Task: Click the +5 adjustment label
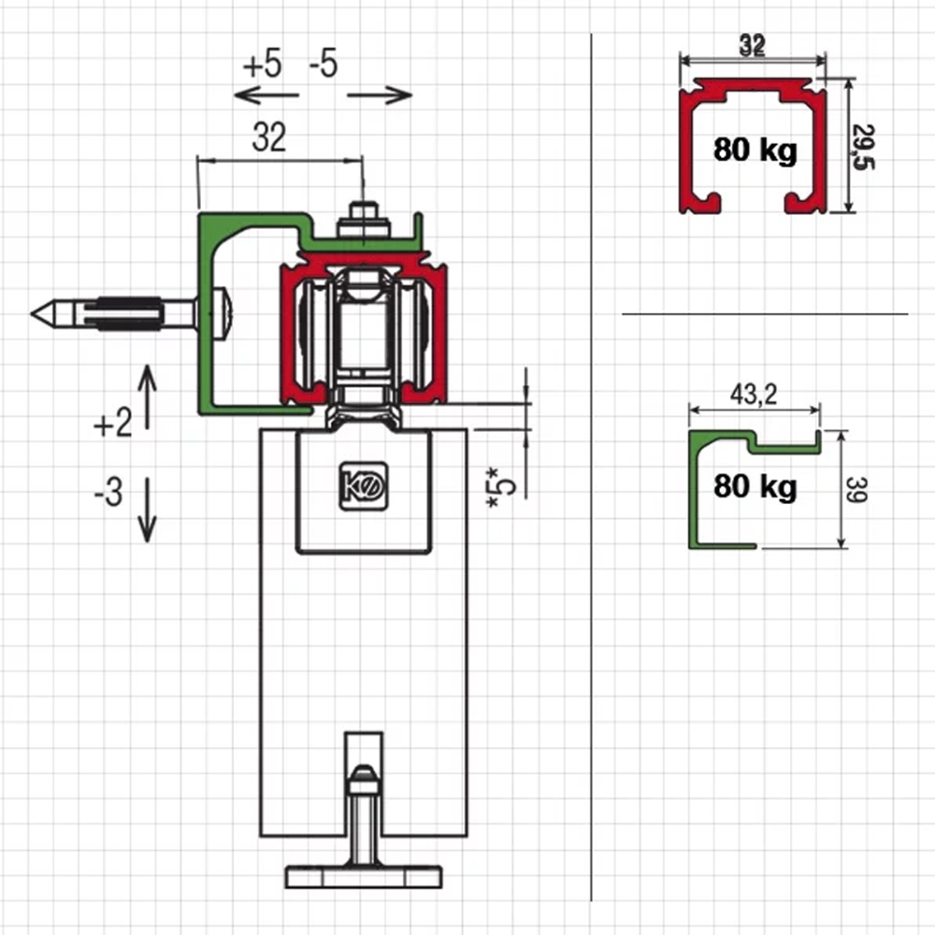click(x=262, y=65)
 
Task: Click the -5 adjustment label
click(x=323, y=65)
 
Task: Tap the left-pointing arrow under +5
click(x=266, y=94)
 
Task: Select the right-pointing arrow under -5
click(x=380, y=94)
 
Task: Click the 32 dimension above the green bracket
click(x=268, y=138)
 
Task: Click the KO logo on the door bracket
click(x=363, y=487)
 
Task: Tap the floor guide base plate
click(x=364, y=877)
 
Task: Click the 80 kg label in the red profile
click(x=755, y=150)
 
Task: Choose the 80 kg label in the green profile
click(x=755, y=486)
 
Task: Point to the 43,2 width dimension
click(x=754, y=396)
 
